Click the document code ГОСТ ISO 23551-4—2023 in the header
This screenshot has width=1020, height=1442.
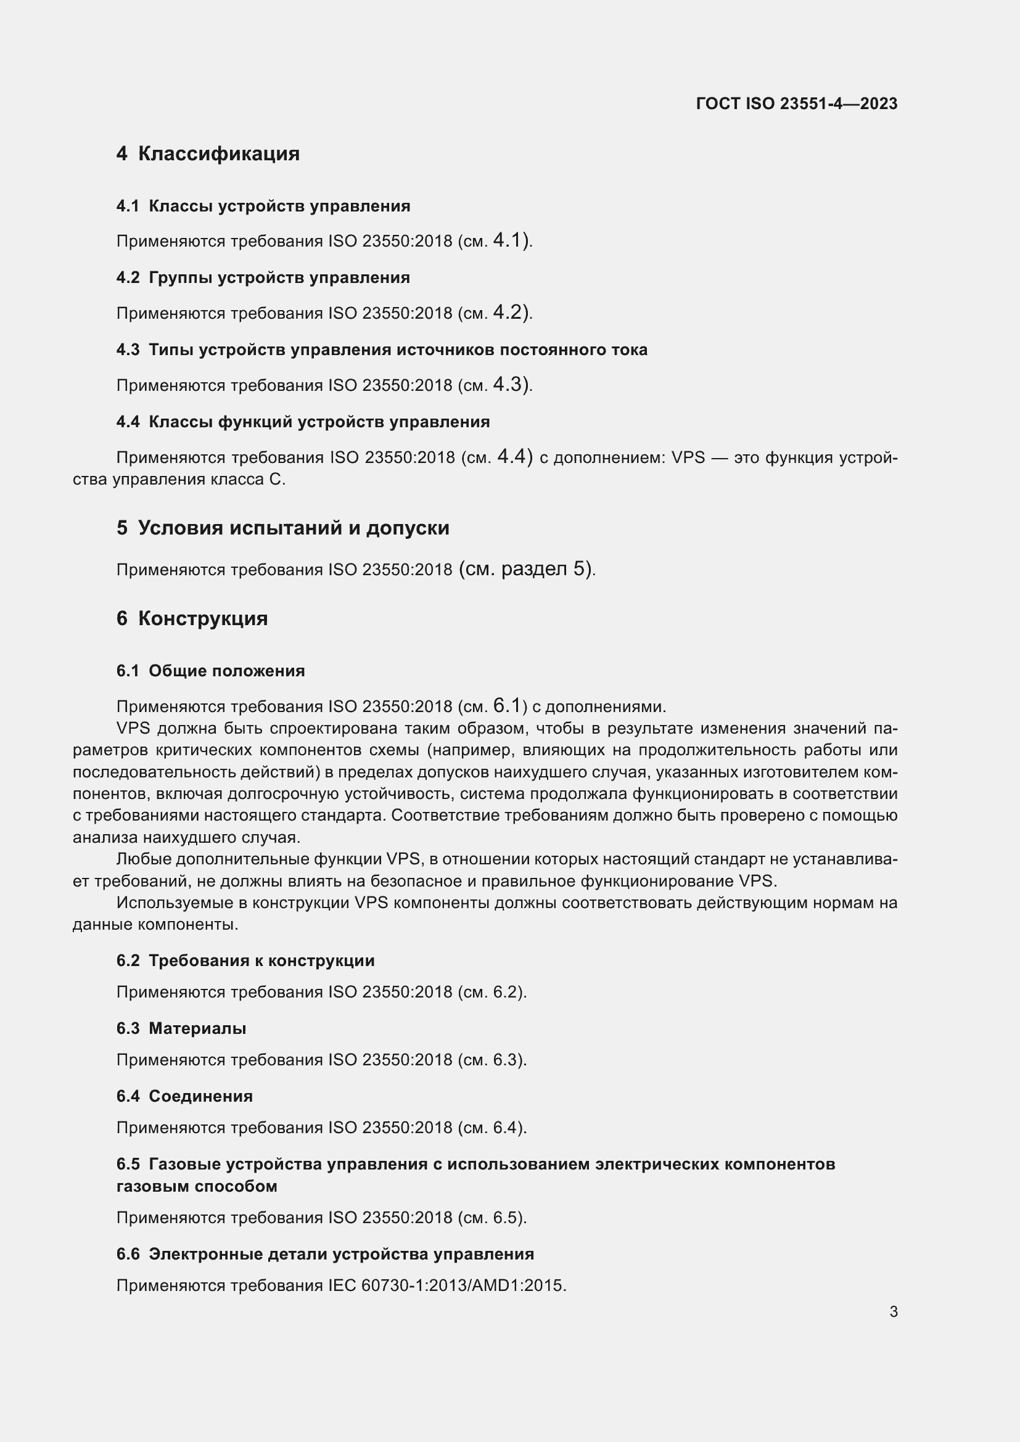[x=796, y=104]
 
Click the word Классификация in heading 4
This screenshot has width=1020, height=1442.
[x=218, y=154]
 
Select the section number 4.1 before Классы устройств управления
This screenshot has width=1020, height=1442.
[x=128, y=207]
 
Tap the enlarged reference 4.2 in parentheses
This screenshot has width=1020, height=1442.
[x=508, y=311]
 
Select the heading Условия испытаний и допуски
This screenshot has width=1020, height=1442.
[x=294, y=528]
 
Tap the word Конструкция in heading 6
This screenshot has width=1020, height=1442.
[x=203, y=618]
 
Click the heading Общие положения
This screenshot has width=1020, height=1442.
[x=226, y=671]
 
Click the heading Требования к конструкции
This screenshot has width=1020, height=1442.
[x=261, y=961]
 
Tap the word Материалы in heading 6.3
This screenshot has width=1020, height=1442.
[x=197, y=1029]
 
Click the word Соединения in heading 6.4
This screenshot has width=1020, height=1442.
[x=200, y=1097]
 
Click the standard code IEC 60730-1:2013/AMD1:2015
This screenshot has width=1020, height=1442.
[x=464, y=1285]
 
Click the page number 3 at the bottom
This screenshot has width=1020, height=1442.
[x=893, y=1312]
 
